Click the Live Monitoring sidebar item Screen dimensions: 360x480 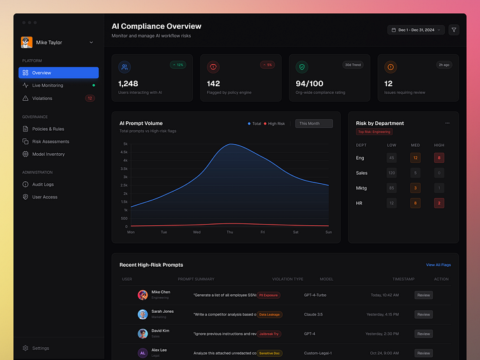tap(48, 86)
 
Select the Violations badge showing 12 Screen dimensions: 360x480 tap(90, 98)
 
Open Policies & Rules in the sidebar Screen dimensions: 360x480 tap(48, 129)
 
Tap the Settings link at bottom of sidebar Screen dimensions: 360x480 tap(40, 348)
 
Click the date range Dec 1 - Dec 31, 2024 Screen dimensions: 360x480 tap(416, 29)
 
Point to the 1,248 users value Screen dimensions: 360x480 tap(128, 84)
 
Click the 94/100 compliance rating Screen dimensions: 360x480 tap(310, 84)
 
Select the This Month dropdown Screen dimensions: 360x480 tap(313, 124)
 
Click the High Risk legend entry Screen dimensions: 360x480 tap(276, 124)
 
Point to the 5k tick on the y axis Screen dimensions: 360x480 tap(125, 144)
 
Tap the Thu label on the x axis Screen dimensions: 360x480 tap(230, 232)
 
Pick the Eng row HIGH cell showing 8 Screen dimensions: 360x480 tap(439, 158)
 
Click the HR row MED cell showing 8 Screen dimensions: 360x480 tap(416, 203)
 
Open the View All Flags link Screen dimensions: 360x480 tap(438, 265)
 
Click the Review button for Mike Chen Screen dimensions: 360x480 tap(423, 295)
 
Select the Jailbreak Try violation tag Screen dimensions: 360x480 tap(269, 334)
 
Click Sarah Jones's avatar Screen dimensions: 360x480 tap(142, 314)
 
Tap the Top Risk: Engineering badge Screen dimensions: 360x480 tap(374, 131)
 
